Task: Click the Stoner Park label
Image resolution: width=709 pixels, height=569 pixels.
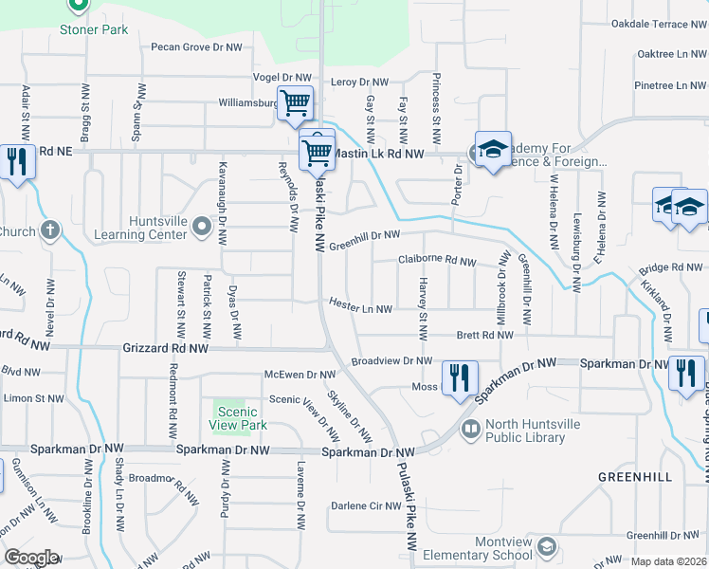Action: coord(93,29)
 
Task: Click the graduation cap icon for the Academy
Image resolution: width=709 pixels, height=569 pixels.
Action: coord(493,150)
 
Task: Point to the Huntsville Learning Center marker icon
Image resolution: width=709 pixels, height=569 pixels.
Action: coord(201,227)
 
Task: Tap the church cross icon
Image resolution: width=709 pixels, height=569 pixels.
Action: coord(50,230)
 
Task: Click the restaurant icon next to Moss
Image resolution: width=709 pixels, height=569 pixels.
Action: coord(460,377)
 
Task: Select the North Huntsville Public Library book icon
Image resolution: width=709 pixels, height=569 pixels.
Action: coord(470,431)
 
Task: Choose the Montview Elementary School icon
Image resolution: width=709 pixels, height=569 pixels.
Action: coord(546,547)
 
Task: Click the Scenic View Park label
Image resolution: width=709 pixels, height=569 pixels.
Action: coord(237,418)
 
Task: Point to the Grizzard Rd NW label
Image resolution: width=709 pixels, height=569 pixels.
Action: coord(166,349)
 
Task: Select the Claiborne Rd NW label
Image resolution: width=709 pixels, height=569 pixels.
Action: coord(436,260)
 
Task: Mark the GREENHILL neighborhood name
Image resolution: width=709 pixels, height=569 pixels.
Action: coord(635,476)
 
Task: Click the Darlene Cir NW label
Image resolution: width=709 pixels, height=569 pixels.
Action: coord(366,505)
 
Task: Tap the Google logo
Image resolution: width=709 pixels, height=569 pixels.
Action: coord(31,558)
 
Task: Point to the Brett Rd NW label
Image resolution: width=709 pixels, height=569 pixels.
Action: coord(483,335)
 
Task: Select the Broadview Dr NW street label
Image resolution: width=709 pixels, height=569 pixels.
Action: coord(391,361)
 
